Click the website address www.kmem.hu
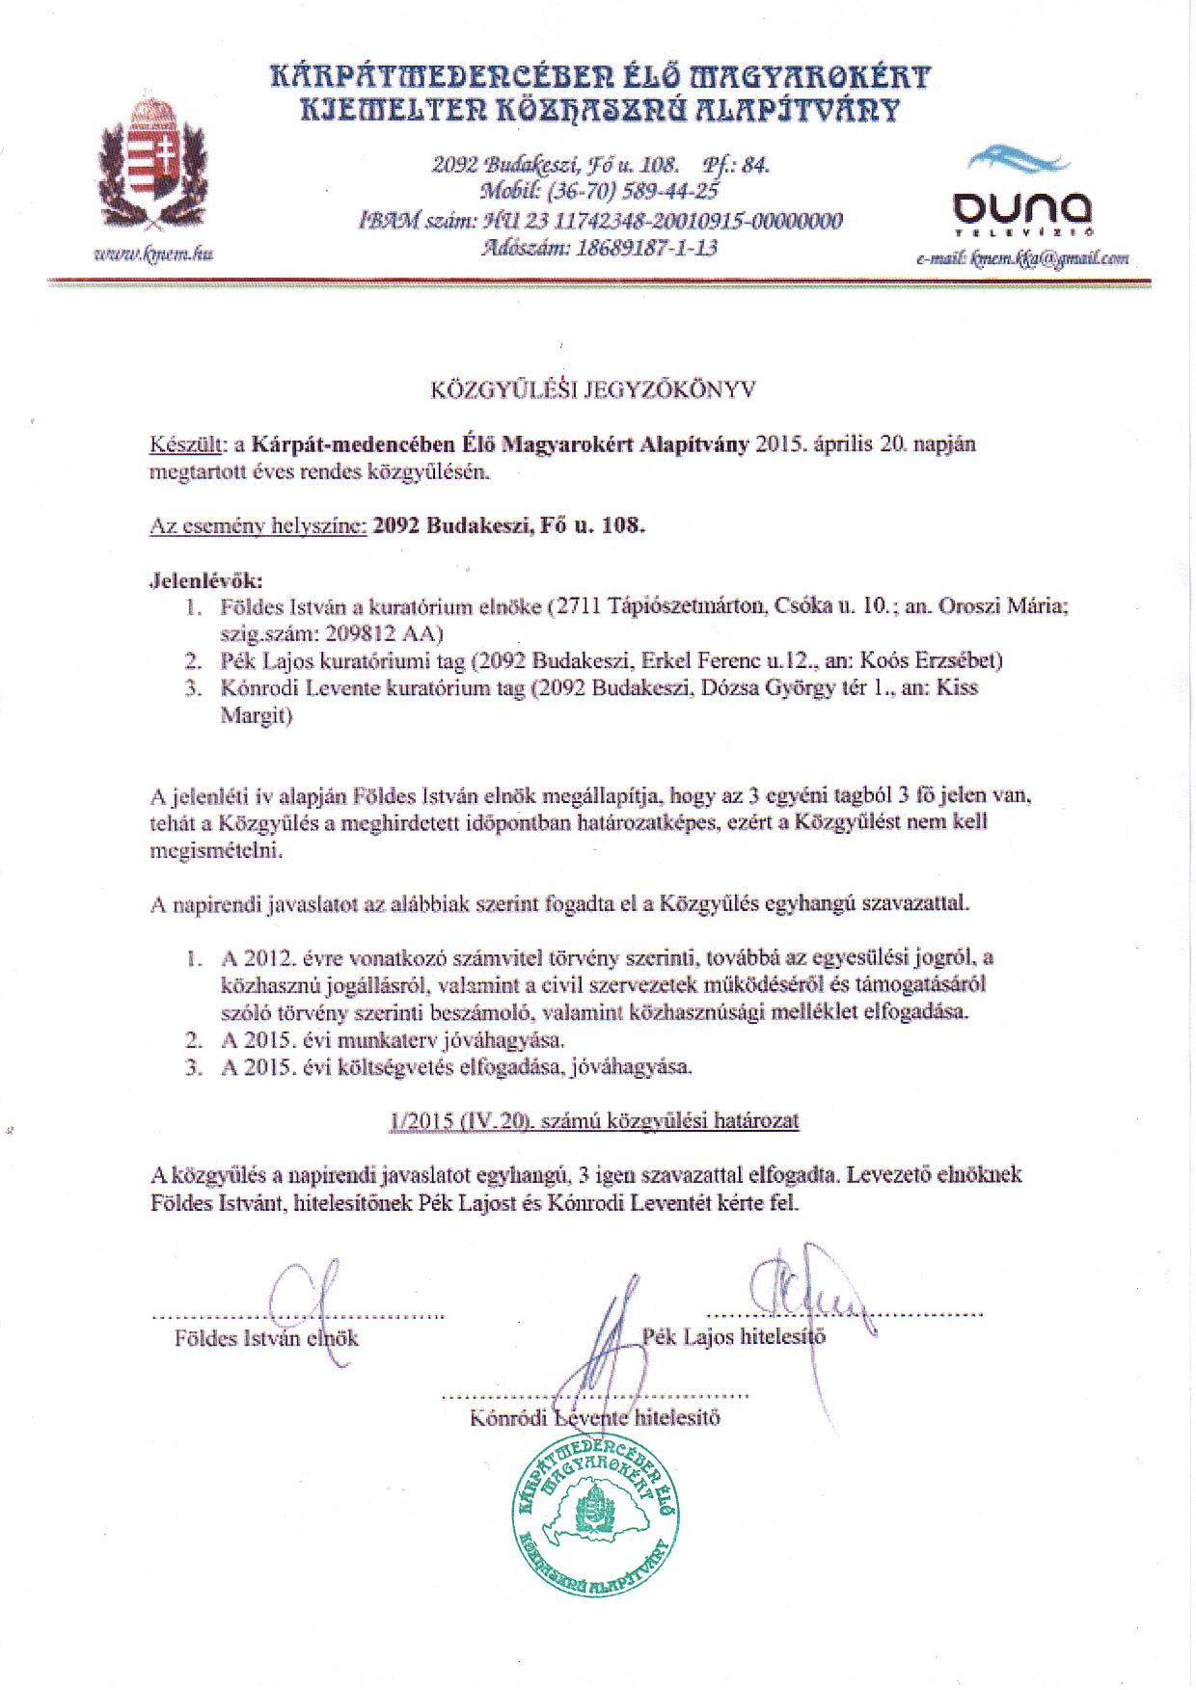point(153,255)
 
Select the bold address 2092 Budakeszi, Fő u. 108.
point(507,527)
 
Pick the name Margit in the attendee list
point(257,716)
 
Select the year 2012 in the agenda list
point(267,958)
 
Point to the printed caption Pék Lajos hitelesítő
point(734,1337)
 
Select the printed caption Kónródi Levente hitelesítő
point(594,1418)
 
